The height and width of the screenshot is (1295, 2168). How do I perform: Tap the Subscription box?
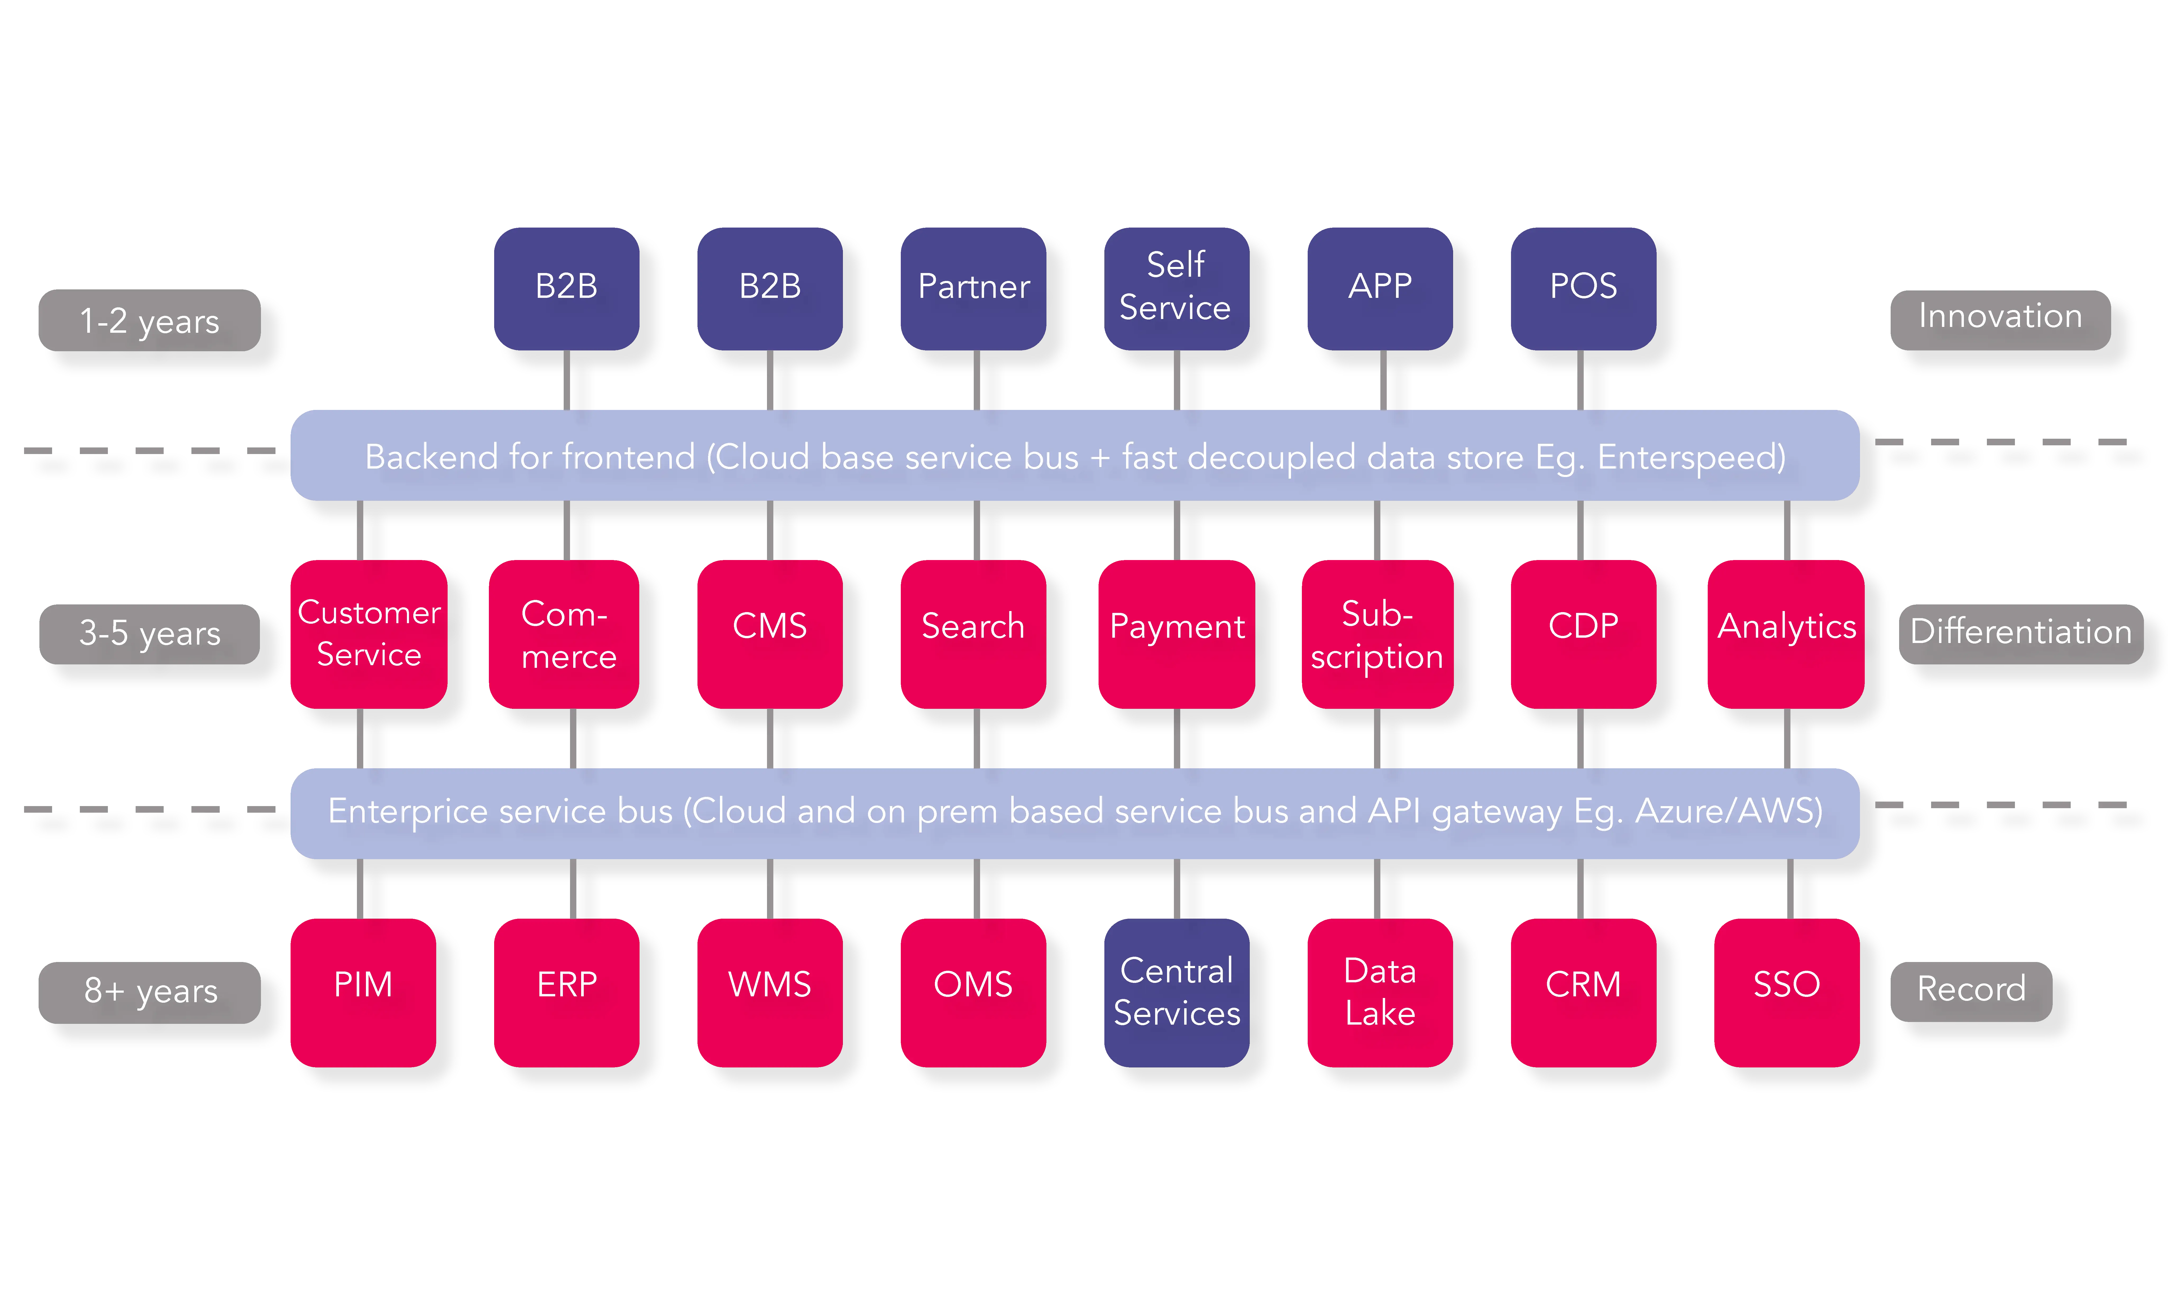[1376, 633]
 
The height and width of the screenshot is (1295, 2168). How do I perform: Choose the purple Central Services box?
[1176, 992]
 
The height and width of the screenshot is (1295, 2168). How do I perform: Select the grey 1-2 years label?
[149, 321]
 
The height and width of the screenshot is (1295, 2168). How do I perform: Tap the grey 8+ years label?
[149, 991]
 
